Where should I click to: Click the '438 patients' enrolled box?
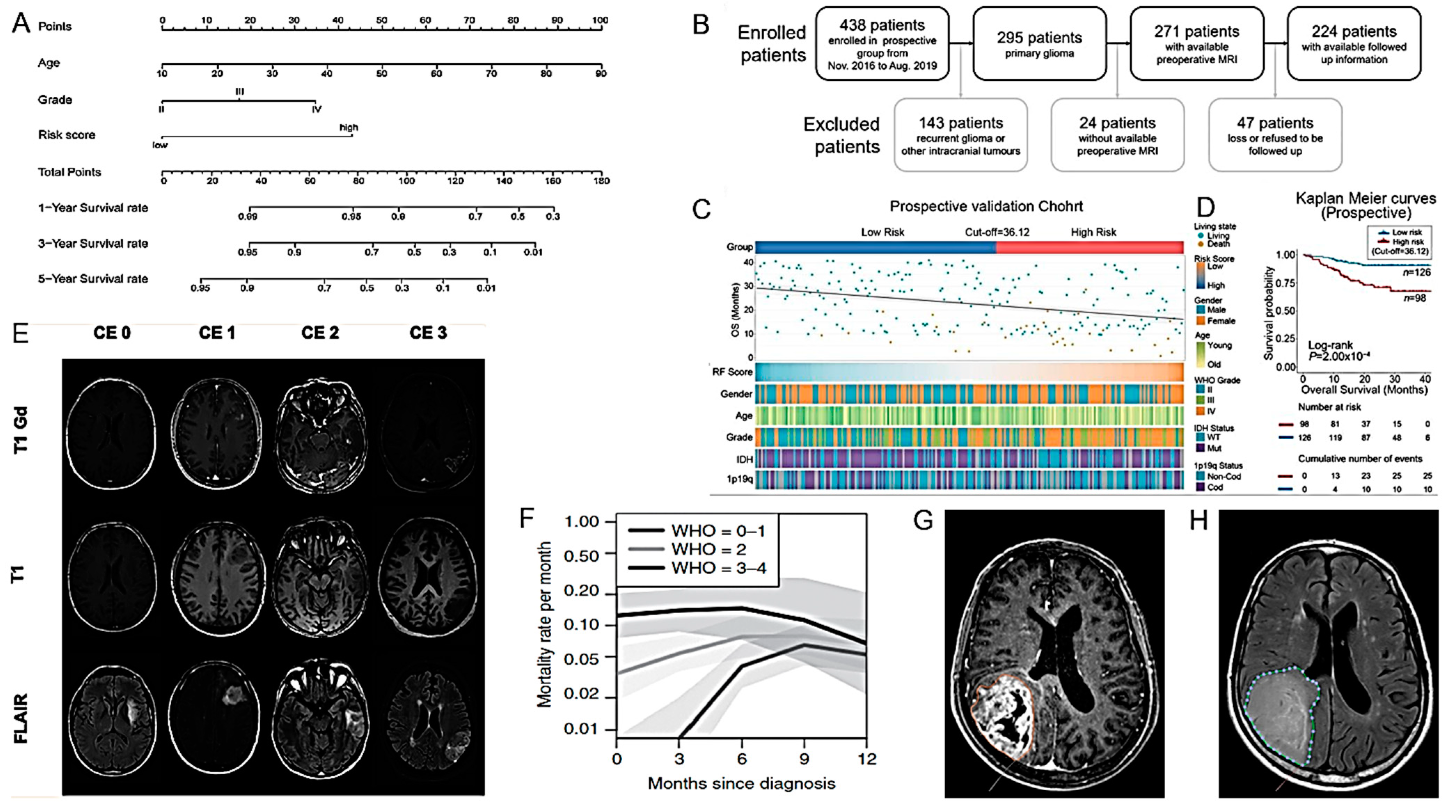click(882, 44)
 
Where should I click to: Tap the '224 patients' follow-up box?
click(1353, 44)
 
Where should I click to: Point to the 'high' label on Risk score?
click(348, 127)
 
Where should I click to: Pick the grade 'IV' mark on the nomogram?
click(316, 109)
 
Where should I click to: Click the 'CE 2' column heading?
click(320, 333)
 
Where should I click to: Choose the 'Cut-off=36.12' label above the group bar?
click(997, 232)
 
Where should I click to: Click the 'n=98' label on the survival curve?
click(1414, 298)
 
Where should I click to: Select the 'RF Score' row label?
click(732, 372)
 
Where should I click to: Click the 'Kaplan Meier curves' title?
click(1365, 199)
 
